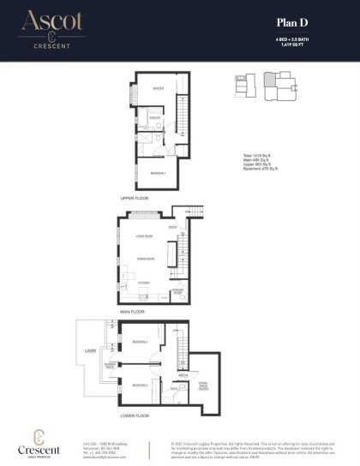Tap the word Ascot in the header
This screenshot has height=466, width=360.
53,21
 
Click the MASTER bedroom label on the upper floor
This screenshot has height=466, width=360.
158,89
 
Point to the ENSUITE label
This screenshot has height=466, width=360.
156,117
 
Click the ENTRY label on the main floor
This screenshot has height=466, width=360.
172,226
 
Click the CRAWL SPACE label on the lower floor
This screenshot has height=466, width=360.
202,385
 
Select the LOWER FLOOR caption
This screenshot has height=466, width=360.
136,415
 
